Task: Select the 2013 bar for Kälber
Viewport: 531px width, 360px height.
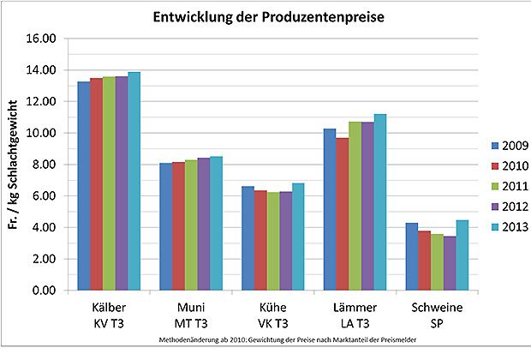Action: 134,181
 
